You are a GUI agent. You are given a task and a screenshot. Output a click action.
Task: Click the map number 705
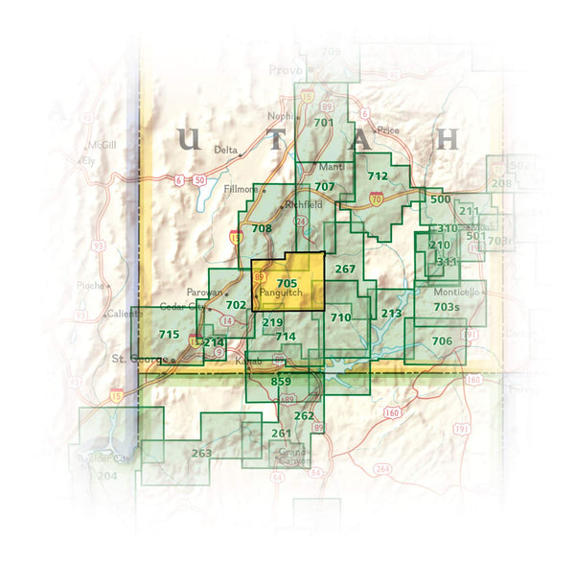pyautogui.click(x=287, y=282)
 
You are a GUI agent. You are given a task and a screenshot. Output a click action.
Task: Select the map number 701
pyautogui.click(x=323, y=123)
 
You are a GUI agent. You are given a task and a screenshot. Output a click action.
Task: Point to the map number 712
pyautogui.click(x=378, y=176)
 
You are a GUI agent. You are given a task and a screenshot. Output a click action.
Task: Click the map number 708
pyautogui.click(x=262, y=228)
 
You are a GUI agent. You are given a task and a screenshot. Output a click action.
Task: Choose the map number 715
pyautogui.click(x=169, y=334)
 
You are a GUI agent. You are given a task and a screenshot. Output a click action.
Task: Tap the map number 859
pyautogui.click(x=281, y=382)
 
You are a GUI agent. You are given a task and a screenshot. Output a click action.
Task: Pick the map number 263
pyautogui.click(x=201, y=453)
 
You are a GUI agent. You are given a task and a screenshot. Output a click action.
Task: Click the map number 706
pyautogui.click(x=442, y=341)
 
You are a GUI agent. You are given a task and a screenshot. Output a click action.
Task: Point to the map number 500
pyautogui.click(x=440, y=199)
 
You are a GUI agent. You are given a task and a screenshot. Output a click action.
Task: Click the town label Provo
pyautogui.click(x=286, y=70)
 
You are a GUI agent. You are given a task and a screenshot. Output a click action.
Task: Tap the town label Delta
pyautogui.click(x=225, y=150)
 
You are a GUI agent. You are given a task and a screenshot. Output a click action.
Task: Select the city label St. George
pyautogui.click(x=131, y=359)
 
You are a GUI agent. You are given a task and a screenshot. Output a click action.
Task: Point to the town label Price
pyautogui.click(x=388, y=130)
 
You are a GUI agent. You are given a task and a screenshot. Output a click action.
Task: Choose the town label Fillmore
pyautogui.click(x=241, y=189)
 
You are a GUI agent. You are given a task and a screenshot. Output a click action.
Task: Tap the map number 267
pyautogui.click(x=346, y=269)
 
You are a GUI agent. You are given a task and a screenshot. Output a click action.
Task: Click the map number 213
pyautogui.click(x=391, y=313)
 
